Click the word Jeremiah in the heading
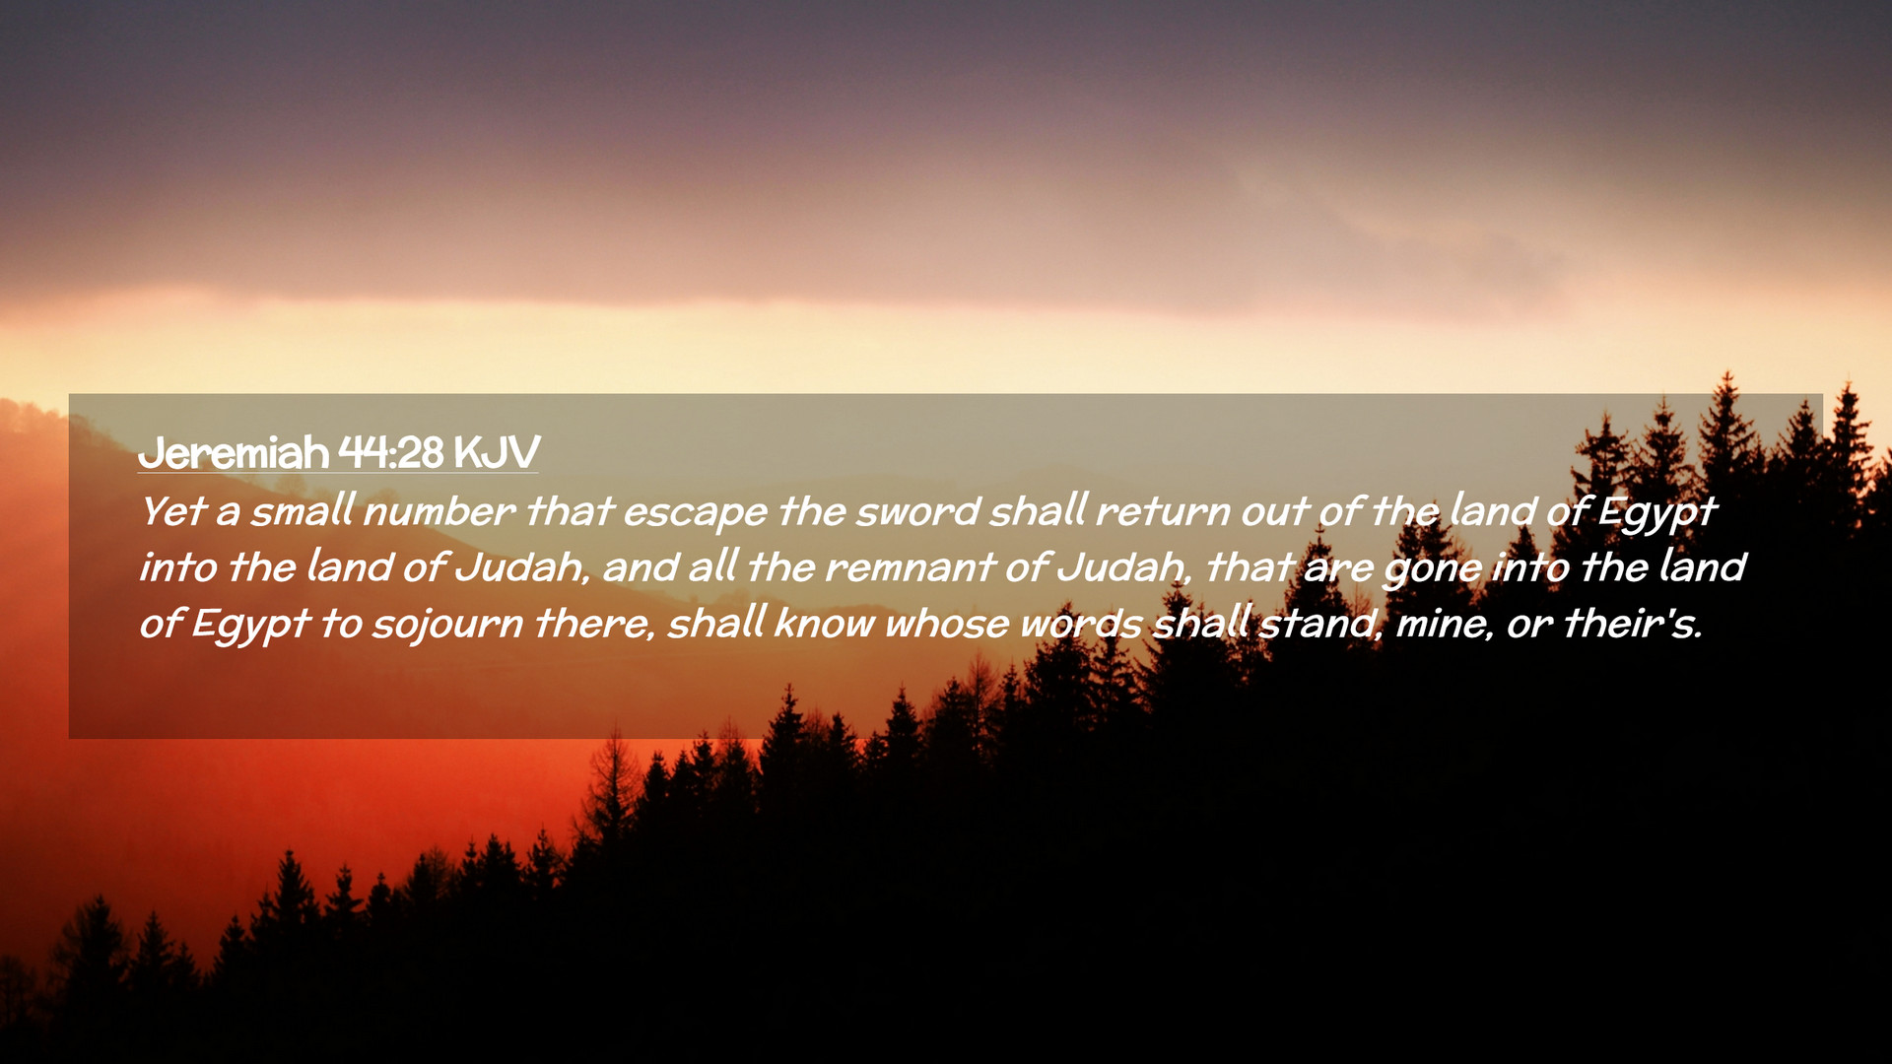tap(234, 452)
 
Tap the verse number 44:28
tap(391, 452)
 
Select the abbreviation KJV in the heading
tap(497, 452)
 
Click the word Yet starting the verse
tap(172, 511)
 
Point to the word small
tap(303, 510)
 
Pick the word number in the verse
tap(439, 511)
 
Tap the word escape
tap(695, 513)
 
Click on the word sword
tap(917, 511)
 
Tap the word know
tap(824, 624)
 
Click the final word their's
tap(1634, 624)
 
